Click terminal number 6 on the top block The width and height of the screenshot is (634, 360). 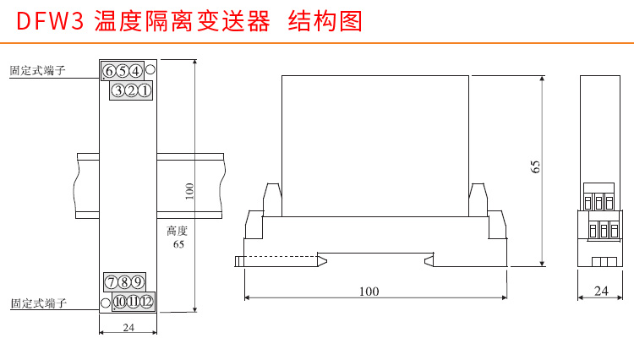(111, 71)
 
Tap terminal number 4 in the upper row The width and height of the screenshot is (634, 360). (135, 71)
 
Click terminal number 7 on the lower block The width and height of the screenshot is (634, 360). (112, 281)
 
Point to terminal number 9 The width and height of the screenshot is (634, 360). (138, 281)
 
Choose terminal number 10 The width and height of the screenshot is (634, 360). (120, 301)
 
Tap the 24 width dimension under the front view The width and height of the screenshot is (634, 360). (128, 327)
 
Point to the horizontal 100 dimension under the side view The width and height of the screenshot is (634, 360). (369, 291)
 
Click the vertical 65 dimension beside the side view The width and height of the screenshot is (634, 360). (535, 166)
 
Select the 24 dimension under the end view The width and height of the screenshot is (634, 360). (601, 291)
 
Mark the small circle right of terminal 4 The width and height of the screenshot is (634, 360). (150, 70)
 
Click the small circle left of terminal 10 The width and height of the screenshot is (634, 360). (106, 302)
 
